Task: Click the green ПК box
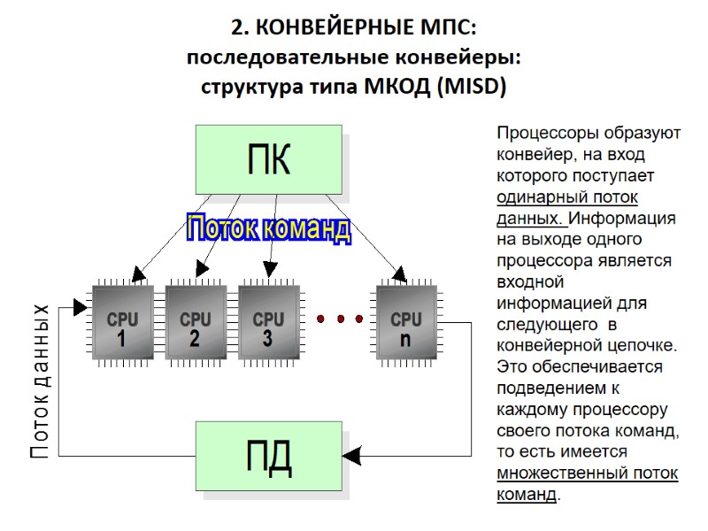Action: coord(269,159)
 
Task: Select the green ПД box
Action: coord(269,456)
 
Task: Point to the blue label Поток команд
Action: coord(267,229)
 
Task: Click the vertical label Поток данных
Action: coord(41,381)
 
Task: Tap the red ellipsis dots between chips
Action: coord(339,319)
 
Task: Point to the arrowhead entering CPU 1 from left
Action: coord(81,307)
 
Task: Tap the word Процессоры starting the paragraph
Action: coord(548,135)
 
